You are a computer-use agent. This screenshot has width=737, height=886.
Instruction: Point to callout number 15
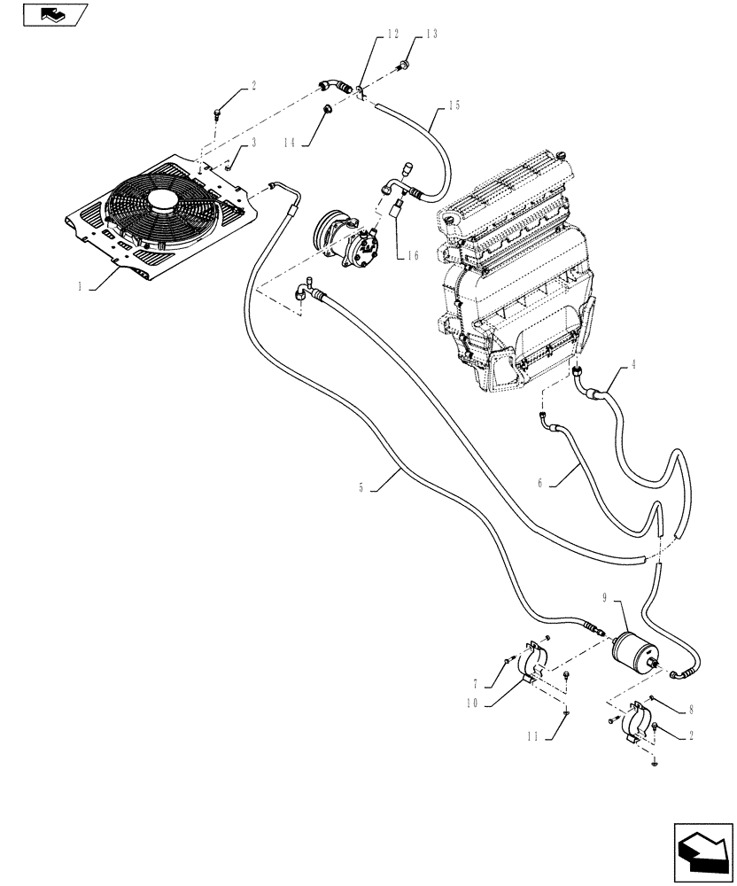click(454, 105)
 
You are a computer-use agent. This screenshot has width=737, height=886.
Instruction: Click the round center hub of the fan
click(162, 201)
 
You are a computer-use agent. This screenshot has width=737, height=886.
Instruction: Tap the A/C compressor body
click(348, 243)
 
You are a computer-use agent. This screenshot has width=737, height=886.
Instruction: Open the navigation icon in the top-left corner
click(52, 14)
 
